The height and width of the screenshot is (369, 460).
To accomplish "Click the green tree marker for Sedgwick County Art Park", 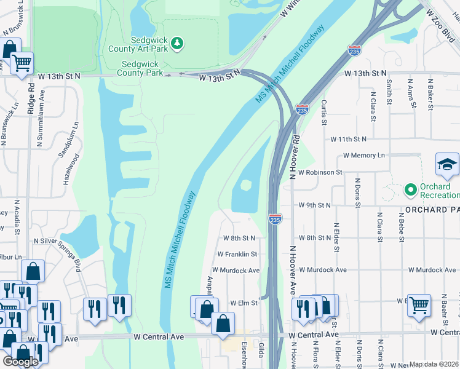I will tap(177, 42).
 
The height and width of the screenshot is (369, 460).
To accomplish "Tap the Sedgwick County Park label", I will tap(140, 68).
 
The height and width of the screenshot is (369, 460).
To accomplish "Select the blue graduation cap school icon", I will tap(447, 164).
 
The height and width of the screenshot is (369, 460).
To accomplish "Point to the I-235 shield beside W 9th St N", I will tap(276, 218).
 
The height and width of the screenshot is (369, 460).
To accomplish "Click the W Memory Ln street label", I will tap(363, 156).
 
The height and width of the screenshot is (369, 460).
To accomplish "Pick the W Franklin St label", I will tap(237, 254).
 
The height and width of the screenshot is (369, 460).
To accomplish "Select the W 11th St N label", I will tap(347, 140).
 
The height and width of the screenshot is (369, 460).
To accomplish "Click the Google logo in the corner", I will tap(20, 362).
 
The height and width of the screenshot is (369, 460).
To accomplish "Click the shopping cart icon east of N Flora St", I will tap(419, 304).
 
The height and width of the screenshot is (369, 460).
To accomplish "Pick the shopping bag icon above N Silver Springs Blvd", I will tap(33, 271).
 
